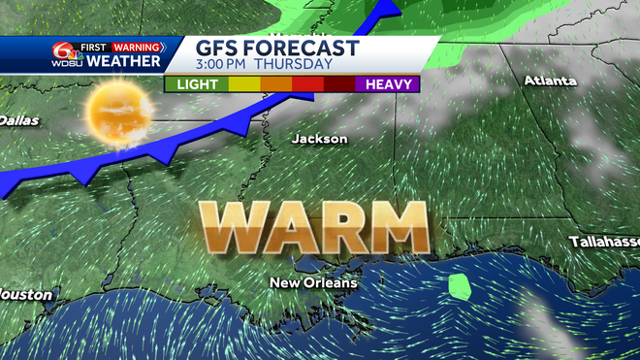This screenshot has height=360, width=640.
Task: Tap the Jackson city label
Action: click(x=319, y=139)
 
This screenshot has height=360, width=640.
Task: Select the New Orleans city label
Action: click(x=313, y=283)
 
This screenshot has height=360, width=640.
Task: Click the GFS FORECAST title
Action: click(x=277, y=49)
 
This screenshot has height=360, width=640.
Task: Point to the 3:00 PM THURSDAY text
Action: click(x=265, y=65)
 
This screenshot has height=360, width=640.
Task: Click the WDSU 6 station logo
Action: click(x=66, y=55)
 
